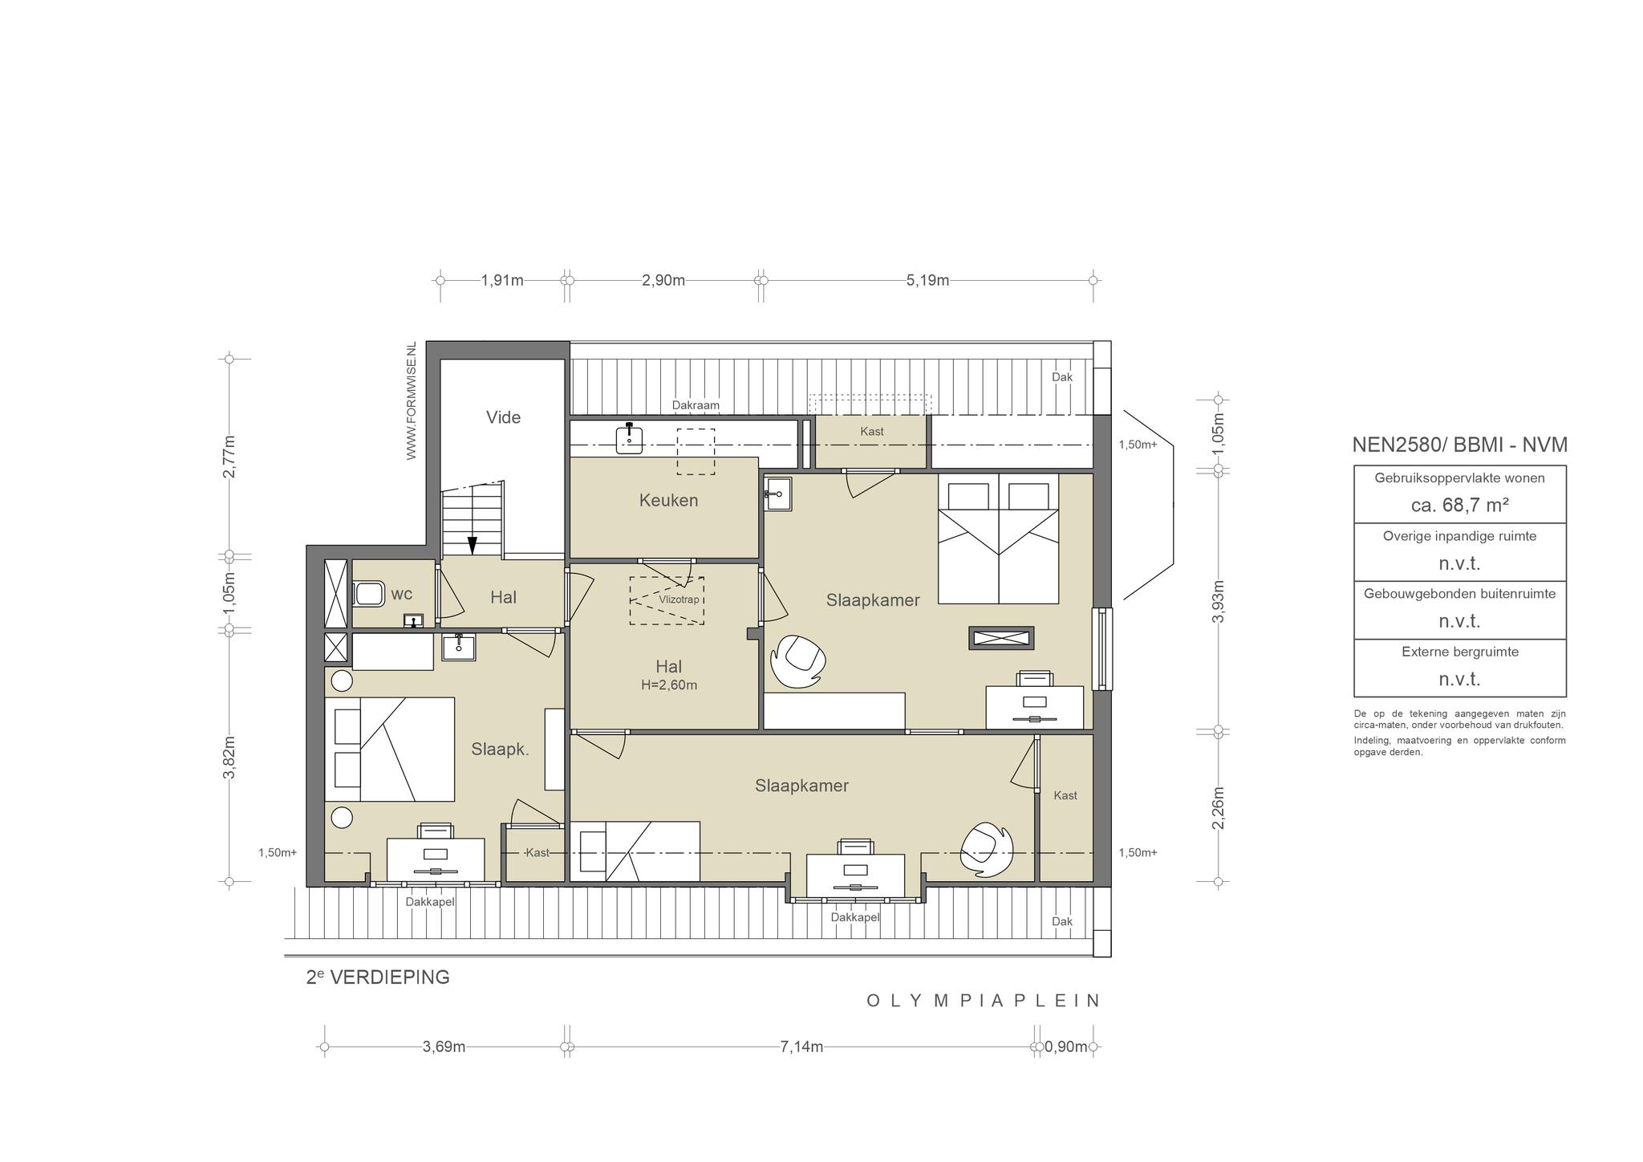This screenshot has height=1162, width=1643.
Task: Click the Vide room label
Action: click(x=503, y=417)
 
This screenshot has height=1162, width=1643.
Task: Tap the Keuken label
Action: click(x=668, y=501)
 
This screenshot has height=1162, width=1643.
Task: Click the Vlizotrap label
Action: click(x=679, y=599)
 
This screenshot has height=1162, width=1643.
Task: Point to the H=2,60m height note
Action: click(x=669, y=685)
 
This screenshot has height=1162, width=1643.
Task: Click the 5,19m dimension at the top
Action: click(x=927, y=280)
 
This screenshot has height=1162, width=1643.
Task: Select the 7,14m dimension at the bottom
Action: click(x=801, y=1046)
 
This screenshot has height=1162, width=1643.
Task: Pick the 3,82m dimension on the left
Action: click(x=229, y=757)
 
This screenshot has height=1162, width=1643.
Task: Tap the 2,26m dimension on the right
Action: click(x=1218, y=807)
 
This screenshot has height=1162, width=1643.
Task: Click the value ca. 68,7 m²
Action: click(x=1460, y=505)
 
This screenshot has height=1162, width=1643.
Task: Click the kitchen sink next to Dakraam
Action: click(x=630, y=439)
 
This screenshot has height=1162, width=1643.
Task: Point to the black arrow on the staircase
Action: click(x=473, y=545)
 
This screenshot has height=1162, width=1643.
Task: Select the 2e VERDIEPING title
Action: click(x=378, y=977)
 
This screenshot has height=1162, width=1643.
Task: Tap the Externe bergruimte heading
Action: click(x=1460, y=652)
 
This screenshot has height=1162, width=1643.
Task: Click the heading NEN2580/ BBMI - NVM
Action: click(x=1460, y=445)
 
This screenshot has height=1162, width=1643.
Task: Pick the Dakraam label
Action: click(x=696, y=405)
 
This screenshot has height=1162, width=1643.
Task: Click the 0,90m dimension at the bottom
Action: click(x=1066, y=1046)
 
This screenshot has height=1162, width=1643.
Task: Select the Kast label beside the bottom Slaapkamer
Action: click(x=1065, y=795)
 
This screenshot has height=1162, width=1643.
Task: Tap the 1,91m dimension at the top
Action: click(x=502, y=280)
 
